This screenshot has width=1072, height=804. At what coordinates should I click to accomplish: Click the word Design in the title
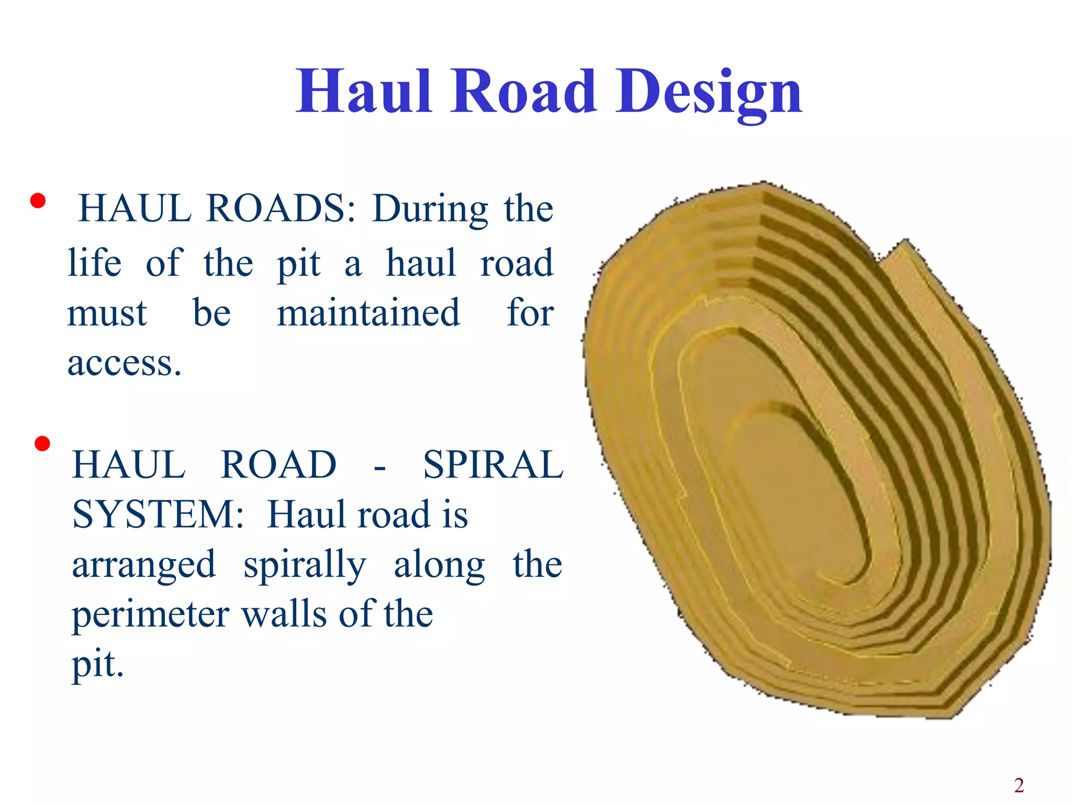[708, 93]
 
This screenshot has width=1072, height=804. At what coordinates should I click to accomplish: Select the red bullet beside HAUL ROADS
[38, 201]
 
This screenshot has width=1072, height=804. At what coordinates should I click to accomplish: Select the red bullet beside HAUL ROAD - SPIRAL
[42, 444]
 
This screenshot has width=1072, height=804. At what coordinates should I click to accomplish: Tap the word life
[95, 263]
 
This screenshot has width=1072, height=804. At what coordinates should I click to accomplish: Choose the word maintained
[368, 313]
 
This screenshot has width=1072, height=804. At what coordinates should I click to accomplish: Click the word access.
[124, 363]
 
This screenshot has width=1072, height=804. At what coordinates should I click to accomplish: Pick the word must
[107, 313]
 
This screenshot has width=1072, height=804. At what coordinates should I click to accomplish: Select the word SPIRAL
[493, 465]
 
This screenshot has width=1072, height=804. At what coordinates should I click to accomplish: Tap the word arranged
[144, 565]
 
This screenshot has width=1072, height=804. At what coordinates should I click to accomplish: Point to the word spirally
[305, 566]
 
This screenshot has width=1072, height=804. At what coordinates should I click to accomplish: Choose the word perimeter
[151, 615]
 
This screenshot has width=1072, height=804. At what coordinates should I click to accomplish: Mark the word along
[440, 565]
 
